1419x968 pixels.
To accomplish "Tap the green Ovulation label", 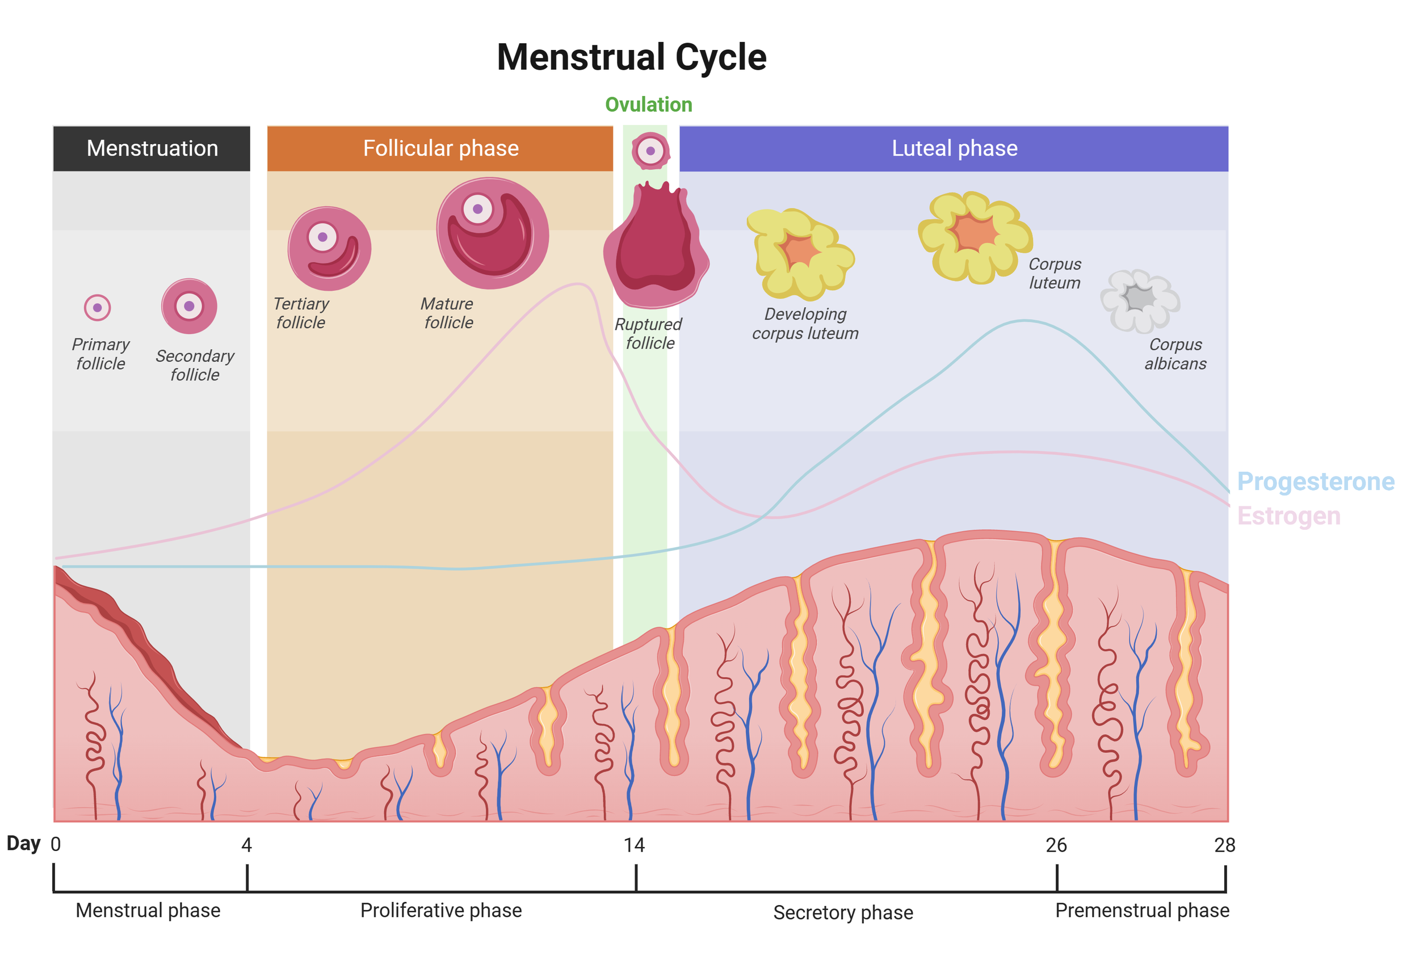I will [x=648, y=104].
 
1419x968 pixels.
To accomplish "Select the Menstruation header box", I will [x=152, y=148].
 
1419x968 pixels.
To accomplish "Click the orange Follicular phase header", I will [x=440, y=148].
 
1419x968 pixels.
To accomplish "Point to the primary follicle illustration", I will [x=97, y=307].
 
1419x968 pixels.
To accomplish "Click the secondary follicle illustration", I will [x=188, y=306].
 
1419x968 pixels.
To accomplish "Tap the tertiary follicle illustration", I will [x=329, y=248].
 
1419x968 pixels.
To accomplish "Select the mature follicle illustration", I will [x=492, y=233].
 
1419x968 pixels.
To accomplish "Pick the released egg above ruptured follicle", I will [x=650, y=150].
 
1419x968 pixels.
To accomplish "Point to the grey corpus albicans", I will [x=1139, y=300].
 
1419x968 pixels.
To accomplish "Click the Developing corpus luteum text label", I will [x=805, y=323].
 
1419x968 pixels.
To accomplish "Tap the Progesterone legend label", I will [x=1315, y=481].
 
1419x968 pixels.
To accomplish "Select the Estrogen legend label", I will [x=1288, y=516].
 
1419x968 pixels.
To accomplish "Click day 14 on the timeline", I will [x=634, y=845].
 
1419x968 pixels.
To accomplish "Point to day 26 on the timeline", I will [x=1056, y=845].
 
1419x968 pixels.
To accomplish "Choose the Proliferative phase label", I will [x=440, y=910].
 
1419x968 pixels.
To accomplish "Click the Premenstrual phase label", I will [x=1141, y=910].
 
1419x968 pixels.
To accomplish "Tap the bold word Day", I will [x=23, y=844].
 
